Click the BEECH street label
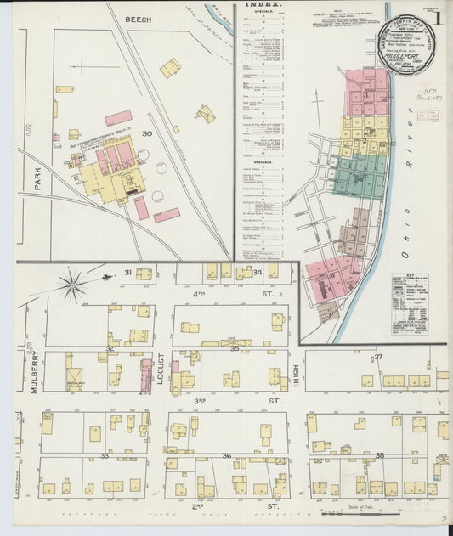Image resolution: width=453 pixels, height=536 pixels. tap(137, 19)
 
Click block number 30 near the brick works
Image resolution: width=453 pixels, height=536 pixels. tap(146, 133)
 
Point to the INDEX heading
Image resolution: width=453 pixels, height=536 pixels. tap(264, 5)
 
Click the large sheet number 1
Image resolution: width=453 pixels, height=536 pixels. tap(437, 16)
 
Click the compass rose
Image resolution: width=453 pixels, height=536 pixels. tap(74, 283)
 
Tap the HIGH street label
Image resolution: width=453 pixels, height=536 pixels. tap(297, 370)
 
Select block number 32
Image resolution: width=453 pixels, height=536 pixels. tap(110, 348)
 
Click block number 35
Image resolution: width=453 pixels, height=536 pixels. tap(234, 348)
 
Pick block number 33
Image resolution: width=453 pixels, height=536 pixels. tap(105, 456)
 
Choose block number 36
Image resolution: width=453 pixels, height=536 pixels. tap(227, 456)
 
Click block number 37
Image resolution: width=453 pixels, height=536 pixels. tap(378, 357)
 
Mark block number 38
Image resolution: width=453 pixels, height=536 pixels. tap(379, 456)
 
